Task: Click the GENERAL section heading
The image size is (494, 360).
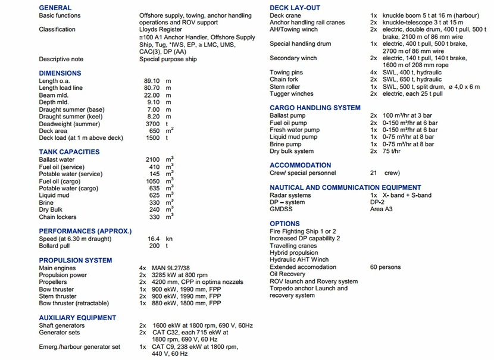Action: [x=55, y=8]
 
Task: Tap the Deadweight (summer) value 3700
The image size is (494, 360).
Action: [x=153, y=124]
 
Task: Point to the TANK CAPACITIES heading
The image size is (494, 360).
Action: [x=69, y=152]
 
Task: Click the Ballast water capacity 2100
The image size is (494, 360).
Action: [x=153, y=160]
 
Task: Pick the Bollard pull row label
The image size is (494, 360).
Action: [x=55, y=246]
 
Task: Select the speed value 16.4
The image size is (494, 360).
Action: [x=153, y=239]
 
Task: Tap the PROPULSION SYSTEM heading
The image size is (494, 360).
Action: [x=76, y=260]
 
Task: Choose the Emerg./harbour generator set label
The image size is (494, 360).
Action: [x=79, y=347]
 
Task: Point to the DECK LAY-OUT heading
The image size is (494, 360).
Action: [x=295, y=8]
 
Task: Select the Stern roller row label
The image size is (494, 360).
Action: [x=285, y=87]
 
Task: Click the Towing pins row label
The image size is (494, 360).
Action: [x=287, y=73]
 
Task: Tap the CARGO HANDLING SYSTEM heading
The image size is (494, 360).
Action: [x=315, y=108]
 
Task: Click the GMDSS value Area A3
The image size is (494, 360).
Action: [x=382, y=209]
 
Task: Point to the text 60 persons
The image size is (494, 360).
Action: [x=385, y=267]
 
